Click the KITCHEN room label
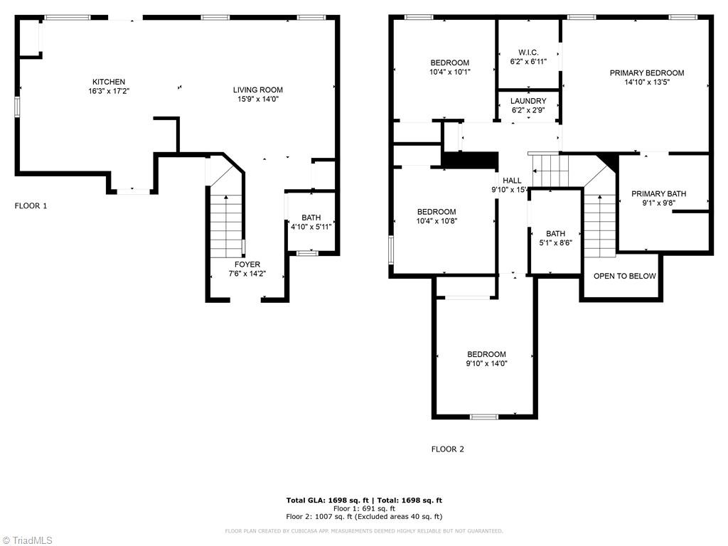(x=109, y=82)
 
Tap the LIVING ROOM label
(x=258, y=90)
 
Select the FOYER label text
(x=247, y=264)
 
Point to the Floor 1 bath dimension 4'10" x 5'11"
(x=311, y=227)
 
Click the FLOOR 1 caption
(x=31, y=206)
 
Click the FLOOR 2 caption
(x=447, y=449)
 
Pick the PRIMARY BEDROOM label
(x=647, y=73)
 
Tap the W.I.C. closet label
(x=528, y=53)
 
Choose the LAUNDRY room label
(x=528, y=101)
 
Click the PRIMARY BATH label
(x=658, y=193)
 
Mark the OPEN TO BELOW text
(x=624, y=276)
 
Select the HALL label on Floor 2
(x=512, y=181)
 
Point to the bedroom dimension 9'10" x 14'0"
(x=486, y=363)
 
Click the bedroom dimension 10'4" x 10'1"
(x=449, y=72)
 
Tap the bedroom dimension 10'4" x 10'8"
(x=437, y=221)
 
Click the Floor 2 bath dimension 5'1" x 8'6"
(x=555, y=242)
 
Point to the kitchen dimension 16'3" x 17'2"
(x=109, y=91)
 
